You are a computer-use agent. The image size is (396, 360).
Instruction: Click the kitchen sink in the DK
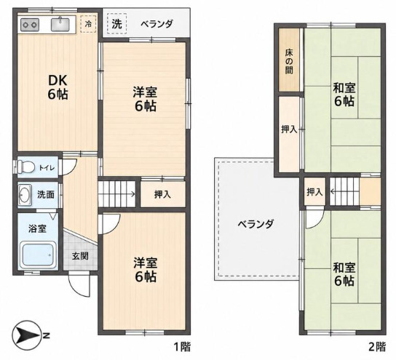click(x=60, y=24)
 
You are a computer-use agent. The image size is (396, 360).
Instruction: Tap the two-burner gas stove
click(x=30, y=25)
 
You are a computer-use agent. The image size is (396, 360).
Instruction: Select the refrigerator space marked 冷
click(x=88, y=24)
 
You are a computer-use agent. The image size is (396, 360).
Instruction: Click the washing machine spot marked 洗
click(x=116, y=24)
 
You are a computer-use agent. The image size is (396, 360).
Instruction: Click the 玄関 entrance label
click(x=80, y=256)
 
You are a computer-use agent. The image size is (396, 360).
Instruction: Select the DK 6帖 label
click(x=58, y=87)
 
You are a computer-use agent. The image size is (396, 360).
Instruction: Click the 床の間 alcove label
click(x=289, y=61)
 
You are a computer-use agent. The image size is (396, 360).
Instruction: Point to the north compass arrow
click(x=26, y=335)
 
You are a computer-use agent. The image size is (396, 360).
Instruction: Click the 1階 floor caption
click(x=182, y=347)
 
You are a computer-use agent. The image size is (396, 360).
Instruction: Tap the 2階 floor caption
click(x=377, y=347)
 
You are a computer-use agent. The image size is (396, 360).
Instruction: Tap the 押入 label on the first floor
click(x=162, y=194)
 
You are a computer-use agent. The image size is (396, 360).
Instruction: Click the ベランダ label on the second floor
click(x=256, y=224)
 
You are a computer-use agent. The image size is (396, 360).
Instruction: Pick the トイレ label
click(x=47, y=168)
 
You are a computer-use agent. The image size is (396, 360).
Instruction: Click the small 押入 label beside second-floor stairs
click(x=314, y=192)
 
